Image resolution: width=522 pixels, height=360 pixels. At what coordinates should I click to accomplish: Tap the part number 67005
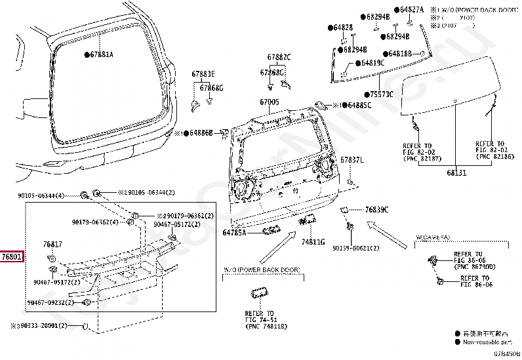(x=269, y=102)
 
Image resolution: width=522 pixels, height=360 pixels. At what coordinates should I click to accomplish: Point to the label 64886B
(x=201, y=132)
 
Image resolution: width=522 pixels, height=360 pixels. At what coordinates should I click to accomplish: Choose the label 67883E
(x=203, y=73)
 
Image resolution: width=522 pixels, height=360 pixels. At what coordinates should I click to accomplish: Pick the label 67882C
(x=279, y=58)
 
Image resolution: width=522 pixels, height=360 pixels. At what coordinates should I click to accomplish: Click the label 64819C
(x=372, y=63)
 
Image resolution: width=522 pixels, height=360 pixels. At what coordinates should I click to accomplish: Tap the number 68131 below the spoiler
(x=456, y=172)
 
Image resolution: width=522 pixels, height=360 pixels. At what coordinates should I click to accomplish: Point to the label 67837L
(x=351, y=160)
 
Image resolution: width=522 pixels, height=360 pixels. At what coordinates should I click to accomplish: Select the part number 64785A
(x=234, y=232)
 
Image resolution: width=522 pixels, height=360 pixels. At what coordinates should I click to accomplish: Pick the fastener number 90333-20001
(x=40, y=326)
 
